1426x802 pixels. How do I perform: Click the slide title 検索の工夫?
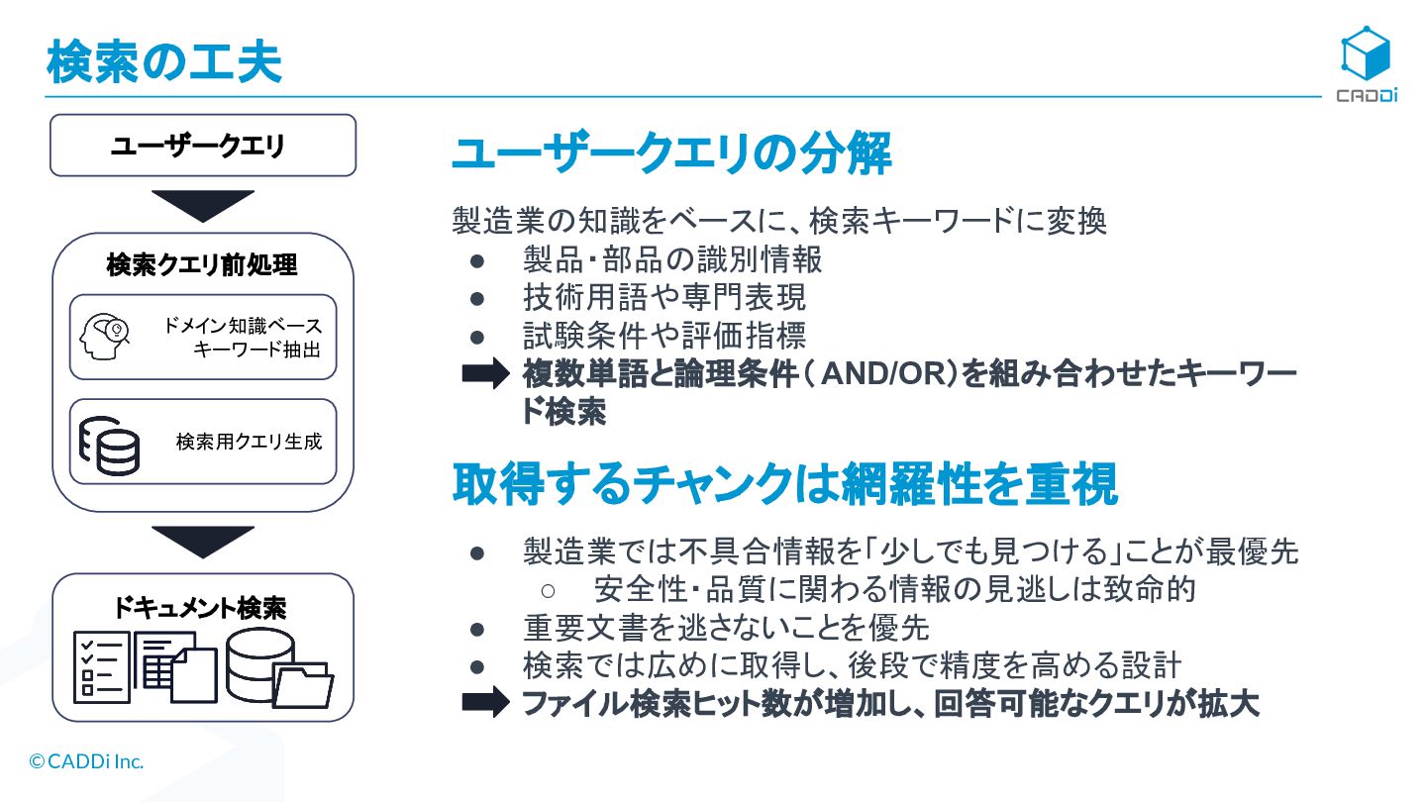click(164, 61)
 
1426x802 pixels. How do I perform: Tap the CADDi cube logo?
click(1366, 53)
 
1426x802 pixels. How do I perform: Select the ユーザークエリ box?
click(203, 146)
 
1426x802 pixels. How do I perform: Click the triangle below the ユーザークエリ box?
click(203, 205)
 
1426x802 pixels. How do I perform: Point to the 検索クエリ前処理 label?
click(203, 264)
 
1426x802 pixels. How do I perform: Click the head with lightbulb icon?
click(105, 337)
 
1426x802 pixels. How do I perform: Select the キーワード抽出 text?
click(257, 349)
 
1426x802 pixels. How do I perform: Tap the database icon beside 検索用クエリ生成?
click(109, 443)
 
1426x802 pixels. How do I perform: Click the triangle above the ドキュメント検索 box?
click(203, 541)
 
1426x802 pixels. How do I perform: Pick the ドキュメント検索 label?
click(201, 607)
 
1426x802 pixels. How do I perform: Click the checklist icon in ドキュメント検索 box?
click(101, 666)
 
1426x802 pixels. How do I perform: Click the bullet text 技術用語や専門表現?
click(664, 297)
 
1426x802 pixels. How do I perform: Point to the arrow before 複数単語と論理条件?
click(486, 375)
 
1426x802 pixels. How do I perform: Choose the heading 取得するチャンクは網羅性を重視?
click(785, 484)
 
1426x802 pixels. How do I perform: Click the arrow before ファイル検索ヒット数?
click(486, 703)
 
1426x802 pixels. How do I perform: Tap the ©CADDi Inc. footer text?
click(87, 761)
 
